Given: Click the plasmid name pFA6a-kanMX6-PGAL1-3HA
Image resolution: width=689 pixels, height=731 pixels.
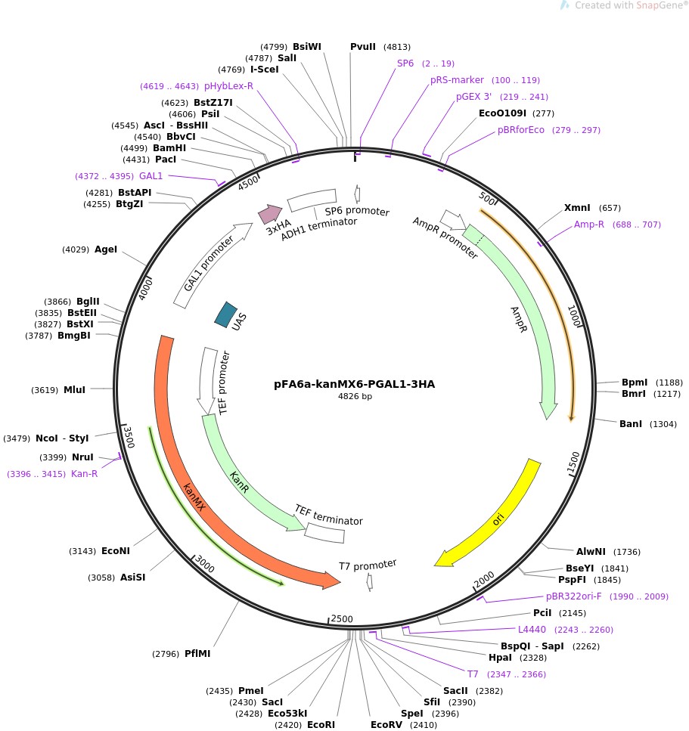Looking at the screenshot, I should pos(354,384).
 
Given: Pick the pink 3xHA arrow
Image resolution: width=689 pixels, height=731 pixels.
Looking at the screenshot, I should pos(270,214).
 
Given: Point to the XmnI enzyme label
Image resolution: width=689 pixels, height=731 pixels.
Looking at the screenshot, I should pos(578,208).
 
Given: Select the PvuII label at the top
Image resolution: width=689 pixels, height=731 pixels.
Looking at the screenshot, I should pos(363,46).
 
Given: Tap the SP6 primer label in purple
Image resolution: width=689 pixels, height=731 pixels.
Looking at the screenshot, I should pos(405,63).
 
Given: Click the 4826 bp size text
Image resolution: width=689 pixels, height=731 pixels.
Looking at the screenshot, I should pos(355,397).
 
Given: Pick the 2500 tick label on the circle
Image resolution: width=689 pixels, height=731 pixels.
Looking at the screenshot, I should pos(342,619).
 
